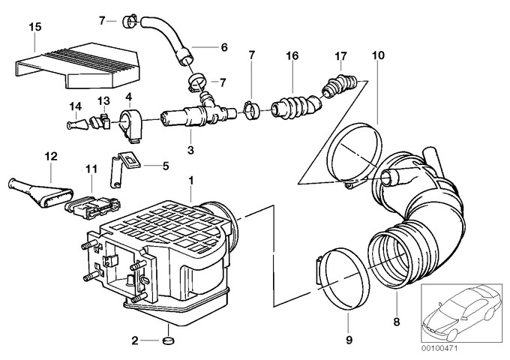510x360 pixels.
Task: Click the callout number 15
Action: pyautogui.click(x=33, y=27)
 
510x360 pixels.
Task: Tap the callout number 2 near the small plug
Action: pyautogui.click(x=135, y=341)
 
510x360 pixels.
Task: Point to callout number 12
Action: pyautogui.click(x=50, y=156)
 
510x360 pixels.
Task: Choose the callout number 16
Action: pyautogui.click(x=292, y=56)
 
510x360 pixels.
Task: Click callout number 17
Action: pyautogui.click(x=341, y=56)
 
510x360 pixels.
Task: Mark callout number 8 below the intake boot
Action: pyautogui.click(x=397, y=322)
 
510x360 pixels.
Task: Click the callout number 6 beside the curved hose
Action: pyautogui.click(x=223, y=46)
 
